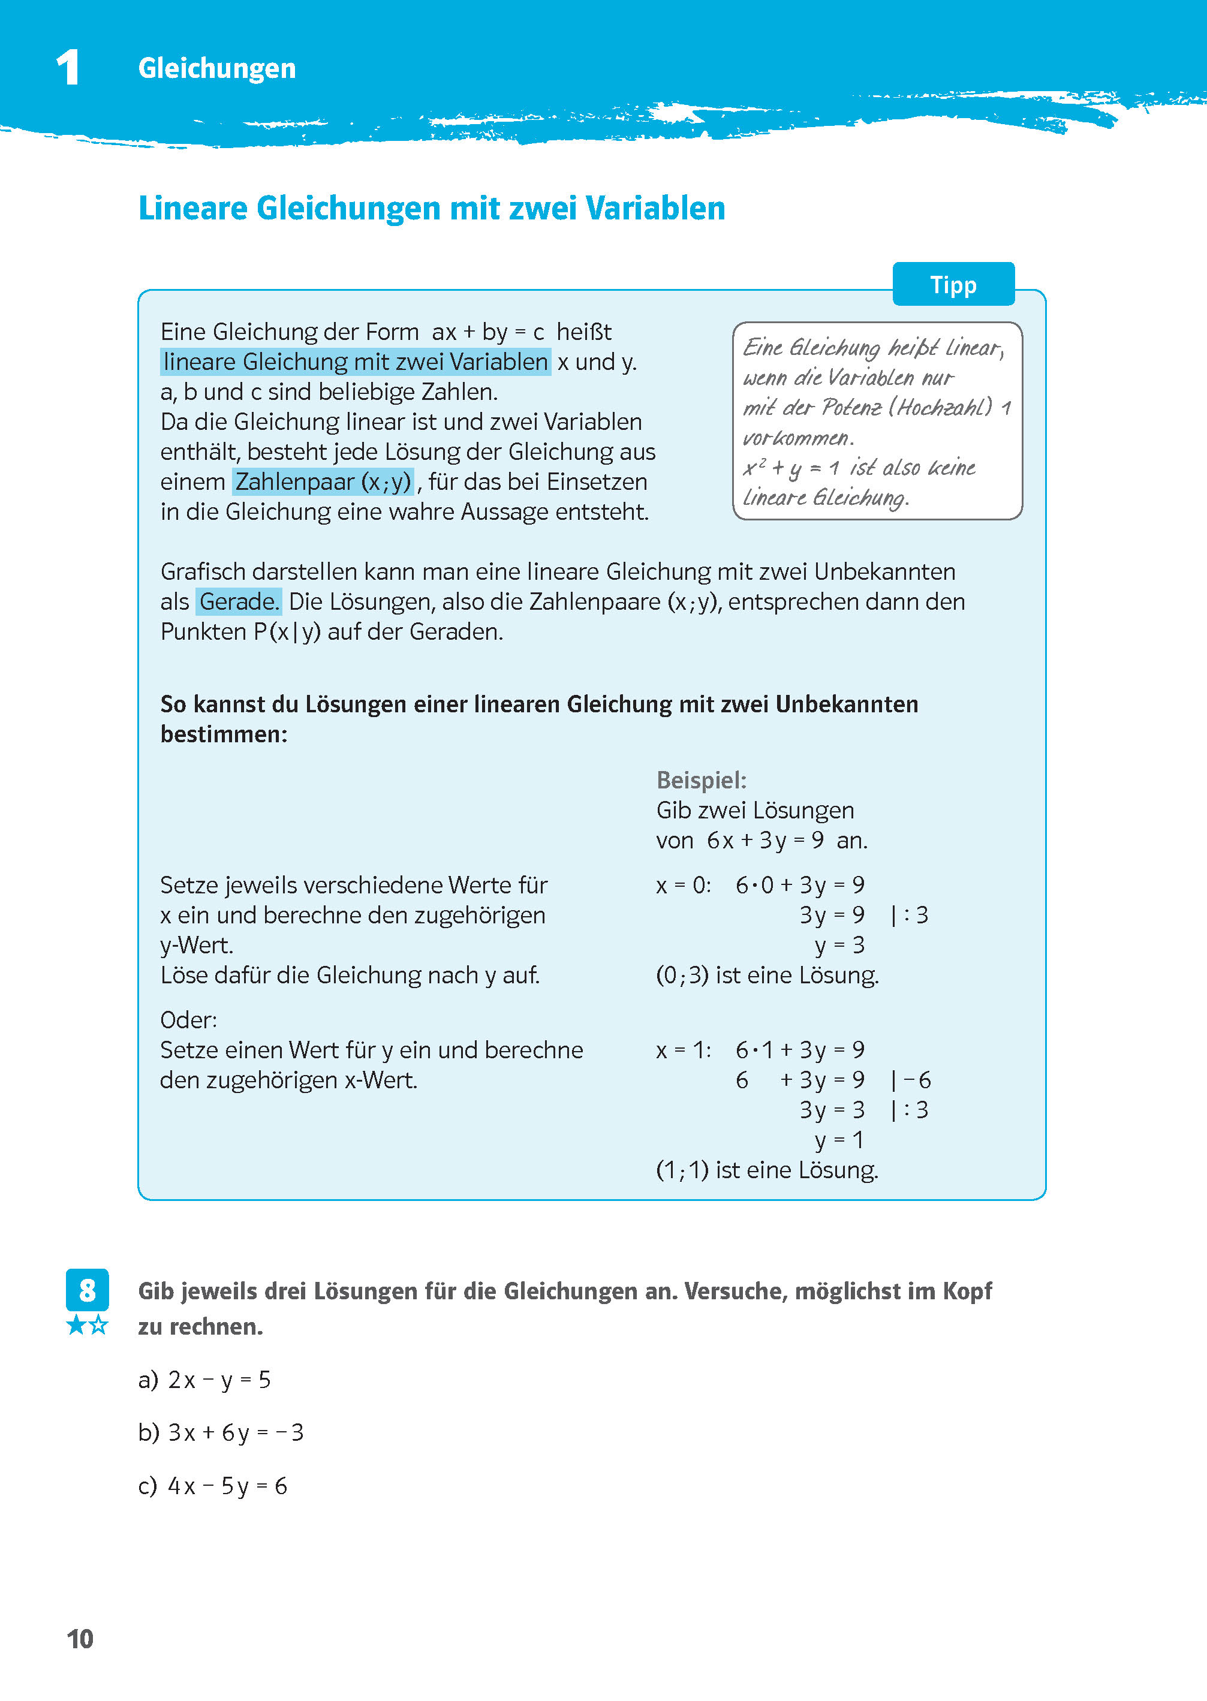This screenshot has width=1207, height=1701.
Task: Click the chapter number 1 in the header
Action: tap(68, 68)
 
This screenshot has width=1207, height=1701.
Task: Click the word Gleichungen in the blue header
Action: tap(216, 68)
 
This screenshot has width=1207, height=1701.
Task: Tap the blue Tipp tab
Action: tap(953, 285)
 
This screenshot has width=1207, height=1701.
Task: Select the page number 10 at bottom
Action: tap(80, 1639)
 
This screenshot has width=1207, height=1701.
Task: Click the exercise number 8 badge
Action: tap(87, 1290)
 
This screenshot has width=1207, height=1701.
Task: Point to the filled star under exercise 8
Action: tap(76, 1325)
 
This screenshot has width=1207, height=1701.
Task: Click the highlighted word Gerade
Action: tap(239, 601)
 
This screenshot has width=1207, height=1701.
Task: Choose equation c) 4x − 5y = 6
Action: tap(213, 1486)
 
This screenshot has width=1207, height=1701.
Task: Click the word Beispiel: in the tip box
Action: tap(701, 780)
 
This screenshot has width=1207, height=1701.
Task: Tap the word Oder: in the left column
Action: tap(188, 1019)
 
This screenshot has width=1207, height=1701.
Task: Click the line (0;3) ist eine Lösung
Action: tap(767, 975)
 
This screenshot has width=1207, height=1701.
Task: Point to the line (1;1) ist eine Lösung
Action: tap(767, 1170)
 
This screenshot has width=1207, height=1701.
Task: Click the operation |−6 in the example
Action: tap(911, 1080)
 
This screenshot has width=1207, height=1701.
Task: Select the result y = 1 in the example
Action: tap(839, 1140)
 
